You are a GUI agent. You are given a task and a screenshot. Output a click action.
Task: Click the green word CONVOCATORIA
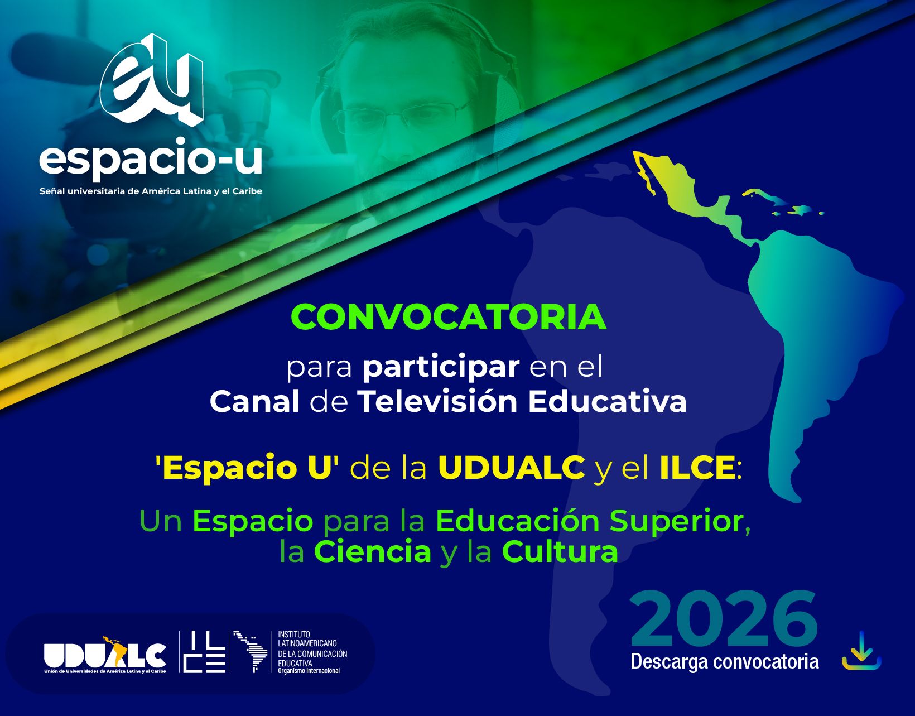(x=448, y=318)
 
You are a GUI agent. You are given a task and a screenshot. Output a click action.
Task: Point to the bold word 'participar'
(x=441, y=367)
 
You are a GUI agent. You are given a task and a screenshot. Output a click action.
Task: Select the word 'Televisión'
(x=437, y=401)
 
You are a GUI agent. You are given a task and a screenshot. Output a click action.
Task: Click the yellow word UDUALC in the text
(x=511, y=468)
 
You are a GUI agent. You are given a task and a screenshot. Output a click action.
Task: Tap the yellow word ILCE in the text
(x=697, y=468)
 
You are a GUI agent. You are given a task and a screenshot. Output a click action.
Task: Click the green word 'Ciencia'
(x=373, y=551)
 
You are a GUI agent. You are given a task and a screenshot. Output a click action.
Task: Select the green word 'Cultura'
(x=560, y=551)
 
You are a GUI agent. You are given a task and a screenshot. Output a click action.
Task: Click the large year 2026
(x=724, y=620)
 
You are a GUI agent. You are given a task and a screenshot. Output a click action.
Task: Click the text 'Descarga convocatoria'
(x=724, y=662)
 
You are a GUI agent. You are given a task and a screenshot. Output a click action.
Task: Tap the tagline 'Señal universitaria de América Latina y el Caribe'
(x=151, y=191)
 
